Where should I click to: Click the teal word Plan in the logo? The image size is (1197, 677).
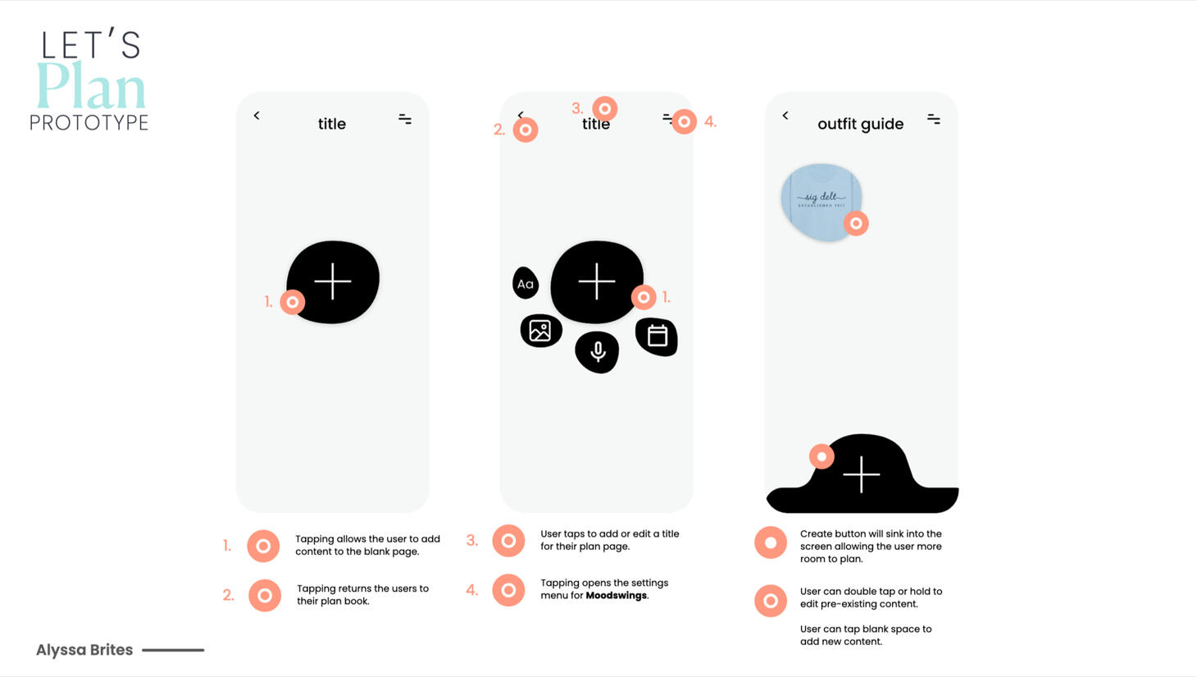(91, 85)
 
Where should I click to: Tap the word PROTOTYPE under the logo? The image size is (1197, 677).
(89, 122)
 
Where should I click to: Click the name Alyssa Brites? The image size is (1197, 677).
(84, 650)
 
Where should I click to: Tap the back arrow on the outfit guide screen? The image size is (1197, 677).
(785, 116)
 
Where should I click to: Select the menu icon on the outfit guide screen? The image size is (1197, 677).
(934, 119)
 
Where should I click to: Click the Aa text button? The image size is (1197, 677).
(526, 283)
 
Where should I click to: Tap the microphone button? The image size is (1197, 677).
(598, 352)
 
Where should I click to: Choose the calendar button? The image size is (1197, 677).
(657, 336)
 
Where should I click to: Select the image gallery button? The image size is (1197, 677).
(540, 331)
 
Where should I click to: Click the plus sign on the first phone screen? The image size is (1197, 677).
(332, 281)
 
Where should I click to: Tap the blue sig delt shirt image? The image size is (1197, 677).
(822, 202)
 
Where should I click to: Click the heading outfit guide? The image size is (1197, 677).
(860, 124)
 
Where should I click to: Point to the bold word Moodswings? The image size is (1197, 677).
(617, 595)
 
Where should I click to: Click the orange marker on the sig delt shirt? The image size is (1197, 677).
(856, 223)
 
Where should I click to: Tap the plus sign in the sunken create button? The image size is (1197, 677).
(862, 474)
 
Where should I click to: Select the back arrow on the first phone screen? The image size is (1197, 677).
(257, 116)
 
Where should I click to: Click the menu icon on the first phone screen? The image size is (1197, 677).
(405, 119)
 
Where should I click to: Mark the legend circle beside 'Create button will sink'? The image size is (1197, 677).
(771, 542)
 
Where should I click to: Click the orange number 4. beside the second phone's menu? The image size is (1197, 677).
(710, 122)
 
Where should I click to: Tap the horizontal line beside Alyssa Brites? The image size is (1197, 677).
(173, 650)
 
